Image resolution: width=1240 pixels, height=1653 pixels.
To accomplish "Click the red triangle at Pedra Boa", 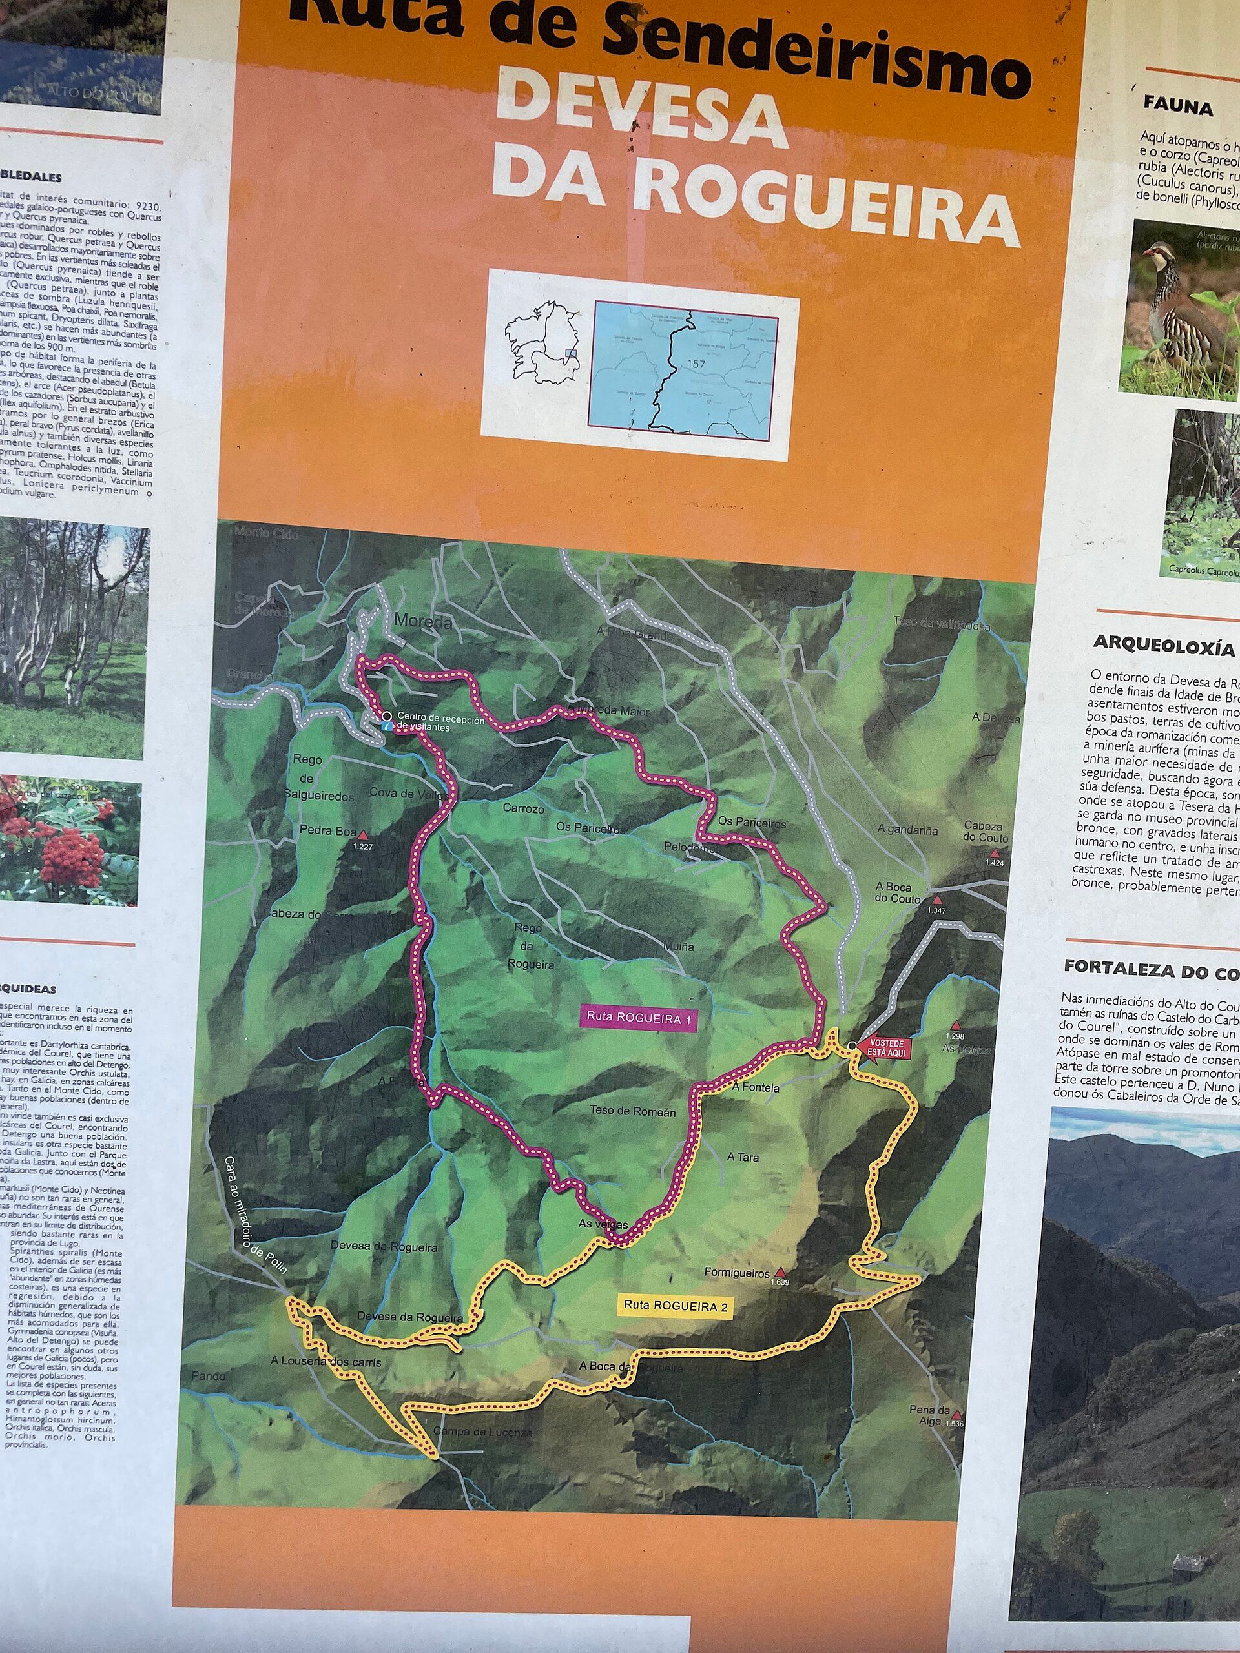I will tap(363, 834).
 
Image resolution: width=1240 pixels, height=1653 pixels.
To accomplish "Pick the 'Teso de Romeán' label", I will tap(632, 1112).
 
